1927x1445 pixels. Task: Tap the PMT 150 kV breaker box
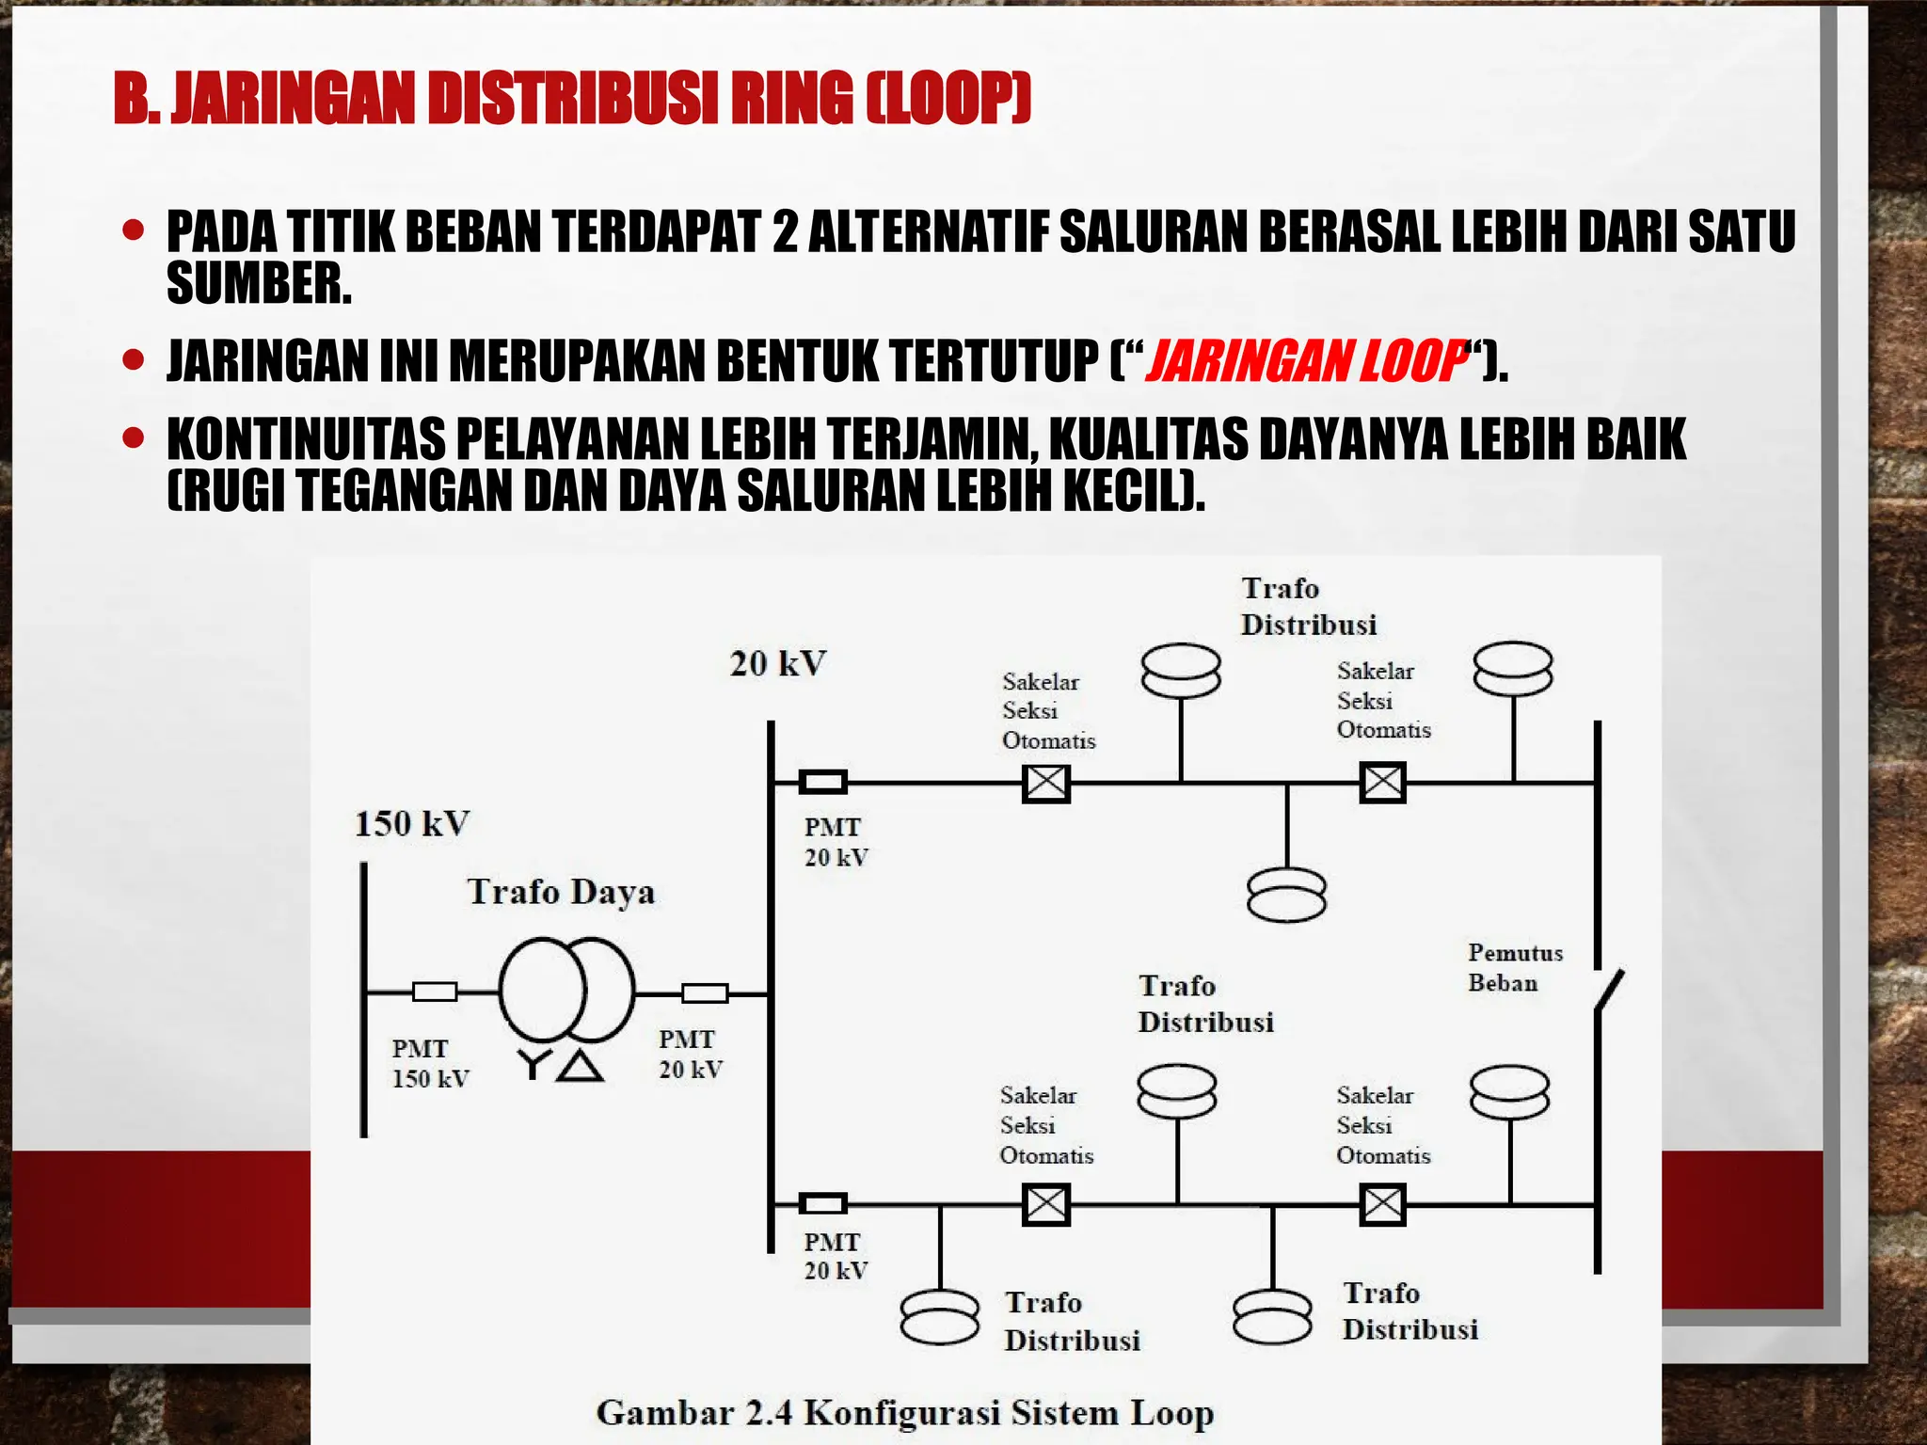pyautogui.click(x=435, y=992)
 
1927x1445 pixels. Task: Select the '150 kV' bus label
pyautogui.click(x=412, y=824)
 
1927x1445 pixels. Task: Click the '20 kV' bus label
pyautogui.click(x=778, y=664)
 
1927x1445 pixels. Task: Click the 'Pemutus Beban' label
pyautogui.click(x=1514, y=968)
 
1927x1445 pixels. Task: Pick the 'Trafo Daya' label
pyautogui.click(x=561, y=892)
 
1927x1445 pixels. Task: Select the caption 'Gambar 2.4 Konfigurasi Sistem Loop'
pyautogui.click(x=904, y=1413)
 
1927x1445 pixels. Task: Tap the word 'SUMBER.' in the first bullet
pyautogui.click(x=259, y=283)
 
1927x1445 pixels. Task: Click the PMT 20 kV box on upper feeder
pyautogui.click(x=822, y=782)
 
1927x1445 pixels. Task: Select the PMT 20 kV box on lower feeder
pyautogui.click(x=822, y=1203)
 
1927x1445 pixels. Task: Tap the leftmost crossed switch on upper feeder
pyautogui.click(x=1045, y=783)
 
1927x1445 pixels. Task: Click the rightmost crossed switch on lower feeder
pyautogui.click(x=1382, y=1204)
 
